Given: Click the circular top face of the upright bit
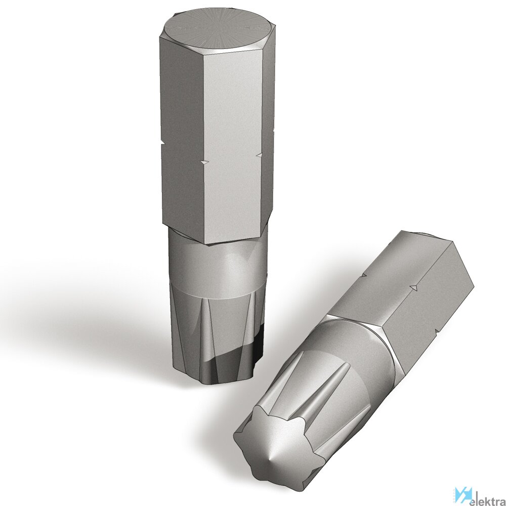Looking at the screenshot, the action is pyautogui.click(x=219, y=31).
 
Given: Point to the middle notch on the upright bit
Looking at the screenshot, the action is pyautogui.click(x=204, y=162).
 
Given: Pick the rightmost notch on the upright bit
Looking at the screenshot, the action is pyautogui.click(x=259, y=155).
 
